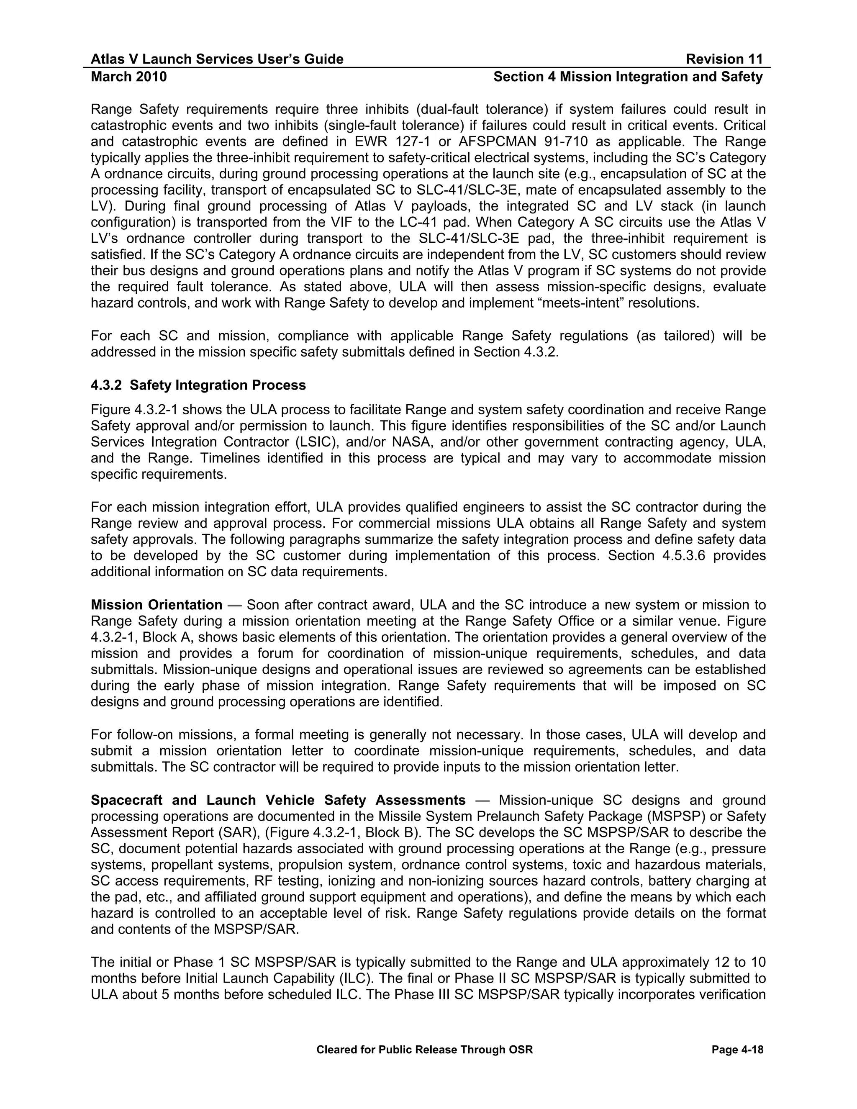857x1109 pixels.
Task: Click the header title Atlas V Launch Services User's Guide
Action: pos(217,59)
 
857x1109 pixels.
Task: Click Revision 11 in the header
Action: pos(724,59)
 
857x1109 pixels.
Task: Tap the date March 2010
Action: pos(128,77)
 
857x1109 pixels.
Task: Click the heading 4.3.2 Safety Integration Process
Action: pos(198,385)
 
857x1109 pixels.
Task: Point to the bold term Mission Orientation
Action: pos(157,605)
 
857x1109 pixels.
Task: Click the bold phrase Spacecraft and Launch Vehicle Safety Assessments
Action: pos(278,800)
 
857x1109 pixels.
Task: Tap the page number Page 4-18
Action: pos(737,1050)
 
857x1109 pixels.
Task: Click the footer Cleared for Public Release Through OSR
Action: pos(424,1050)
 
